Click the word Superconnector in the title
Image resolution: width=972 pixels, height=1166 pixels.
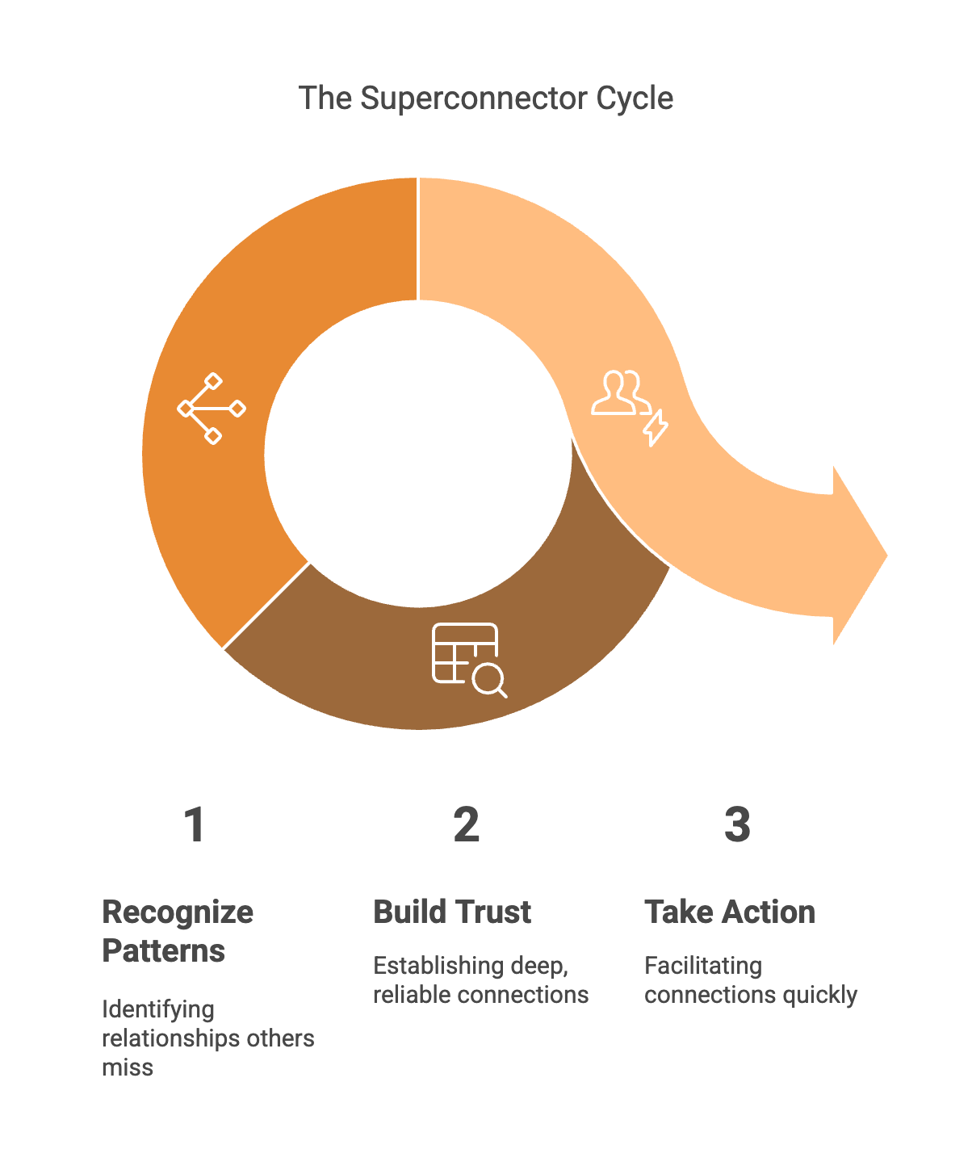[x=474, y=99]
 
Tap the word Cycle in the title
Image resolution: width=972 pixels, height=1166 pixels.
[x=635, y=99]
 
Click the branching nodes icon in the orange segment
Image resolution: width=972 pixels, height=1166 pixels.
[x=212, y=409]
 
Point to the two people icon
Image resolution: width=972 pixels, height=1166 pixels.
[x=619, y=393]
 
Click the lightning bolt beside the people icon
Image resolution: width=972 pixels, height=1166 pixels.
[x=656, y=427]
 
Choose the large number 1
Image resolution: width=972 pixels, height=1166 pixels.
[x=194, y=825]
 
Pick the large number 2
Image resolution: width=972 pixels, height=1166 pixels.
[x=466, y=825]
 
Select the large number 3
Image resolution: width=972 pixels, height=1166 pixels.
[x=737, y=825]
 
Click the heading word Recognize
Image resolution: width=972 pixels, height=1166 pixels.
[x=178, y=912]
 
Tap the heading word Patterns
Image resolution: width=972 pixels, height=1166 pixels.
[x=164, y=951]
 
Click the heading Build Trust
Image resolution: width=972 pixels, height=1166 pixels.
[x=452, y=912]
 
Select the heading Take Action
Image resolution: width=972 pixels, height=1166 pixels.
[x=730, y=912]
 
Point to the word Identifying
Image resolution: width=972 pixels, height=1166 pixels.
[x=158, y=1009]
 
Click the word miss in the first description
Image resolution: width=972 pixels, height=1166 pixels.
[x=128, y=1067]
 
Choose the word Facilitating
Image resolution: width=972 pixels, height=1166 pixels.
[x=703, y=966]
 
